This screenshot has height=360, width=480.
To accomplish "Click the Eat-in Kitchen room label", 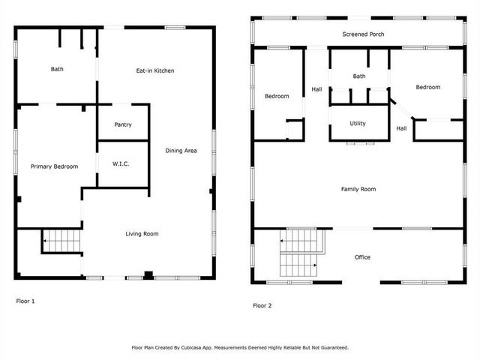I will click(x=155, y=70).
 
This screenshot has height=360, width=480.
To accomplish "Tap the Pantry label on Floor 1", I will click(x=123, y=124).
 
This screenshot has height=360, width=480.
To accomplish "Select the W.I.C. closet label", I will click(x=121, y=163).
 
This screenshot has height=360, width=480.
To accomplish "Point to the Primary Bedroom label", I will click(x=54, y=166).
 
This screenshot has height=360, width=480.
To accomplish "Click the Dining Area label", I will click(x=181, y=151).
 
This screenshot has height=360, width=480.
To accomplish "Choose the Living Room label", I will click(x=142, y=234).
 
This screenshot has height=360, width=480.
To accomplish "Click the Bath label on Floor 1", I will click(x=57, y=69).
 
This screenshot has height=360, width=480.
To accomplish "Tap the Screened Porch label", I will click(x=363, y=34).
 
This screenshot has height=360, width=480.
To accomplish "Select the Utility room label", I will click(x=358, y=123).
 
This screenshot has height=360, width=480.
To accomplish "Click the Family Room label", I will click(x=358, y=189).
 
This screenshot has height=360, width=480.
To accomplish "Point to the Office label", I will click(x=362, y=257).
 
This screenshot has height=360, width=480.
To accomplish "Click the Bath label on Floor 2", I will click(x=359, y=76).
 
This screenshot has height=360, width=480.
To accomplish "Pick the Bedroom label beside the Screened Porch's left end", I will click(x=277, y=96).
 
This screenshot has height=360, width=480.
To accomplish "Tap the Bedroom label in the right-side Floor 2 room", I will click(x=428, y=87).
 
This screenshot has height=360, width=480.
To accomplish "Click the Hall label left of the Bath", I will click(x=316, y=90).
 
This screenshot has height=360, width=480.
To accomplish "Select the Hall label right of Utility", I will click(x=401, y=128).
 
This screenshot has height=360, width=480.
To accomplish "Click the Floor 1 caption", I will click(x=25, y=301).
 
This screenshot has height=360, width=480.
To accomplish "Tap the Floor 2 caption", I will click(x=262, y=305).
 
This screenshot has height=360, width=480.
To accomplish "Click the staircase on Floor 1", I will click(x=61, y=241).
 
